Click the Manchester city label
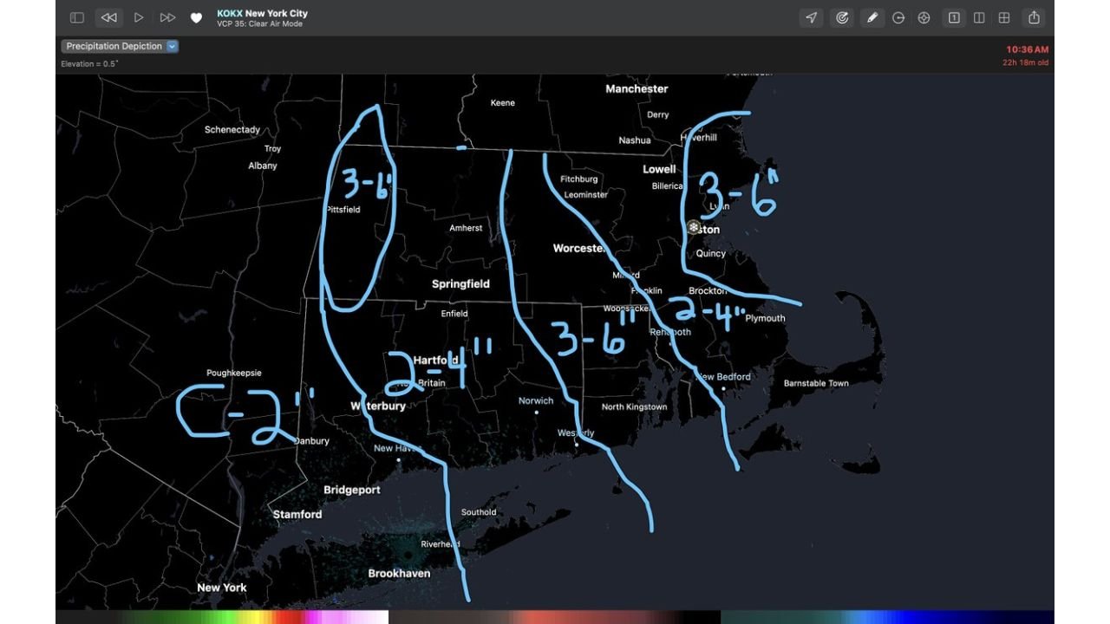(x=637, y=88)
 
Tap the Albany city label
(x=263, y=166)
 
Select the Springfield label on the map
(x=460, y=284)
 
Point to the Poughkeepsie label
(x=233, y=373)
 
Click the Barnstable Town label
(x=816, y=383)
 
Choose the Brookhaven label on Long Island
(x=399, y=573)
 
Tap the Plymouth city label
(x=765, y=318)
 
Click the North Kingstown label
(x=634, y=406)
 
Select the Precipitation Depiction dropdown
(x=120, y=46)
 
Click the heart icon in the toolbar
(x=196, y=17)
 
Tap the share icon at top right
(x=1034, y=17)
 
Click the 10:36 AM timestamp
(x=1027, y=49)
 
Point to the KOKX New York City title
(x=262, y=13)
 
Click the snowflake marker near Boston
(x=693, y=228)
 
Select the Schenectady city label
(x=232, y=130)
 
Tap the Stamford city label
(x=297, y=514)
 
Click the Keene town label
(x=502, y=103)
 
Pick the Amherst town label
(x=466, y=228)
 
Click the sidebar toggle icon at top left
(x=77, y=17)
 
